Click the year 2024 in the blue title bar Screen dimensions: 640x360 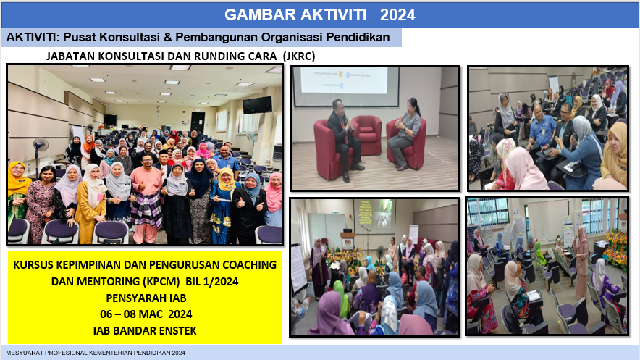tap(397, 15)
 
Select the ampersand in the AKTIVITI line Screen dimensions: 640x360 tap(168, 38)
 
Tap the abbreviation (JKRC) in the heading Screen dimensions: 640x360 tap(299, 56)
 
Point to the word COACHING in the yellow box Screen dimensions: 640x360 tap(249, 265)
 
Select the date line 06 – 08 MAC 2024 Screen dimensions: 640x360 tap(146, 314)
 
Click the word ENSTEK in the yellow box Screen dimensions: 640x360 tap(177, 330)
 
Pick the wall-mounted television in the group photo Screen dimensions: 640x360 tap(257, 105)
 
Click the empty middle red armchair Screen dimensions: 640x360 tap(367, 135)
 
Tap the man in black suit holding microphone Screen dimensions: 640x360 tap(343, 140)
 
